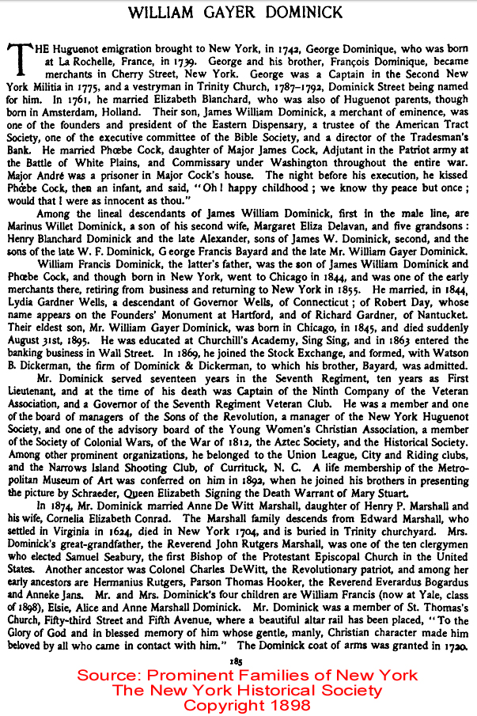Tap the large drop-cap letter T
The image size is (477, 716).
pos(18,58)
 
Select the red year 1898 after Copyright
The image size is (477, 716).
pos(279,705)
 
